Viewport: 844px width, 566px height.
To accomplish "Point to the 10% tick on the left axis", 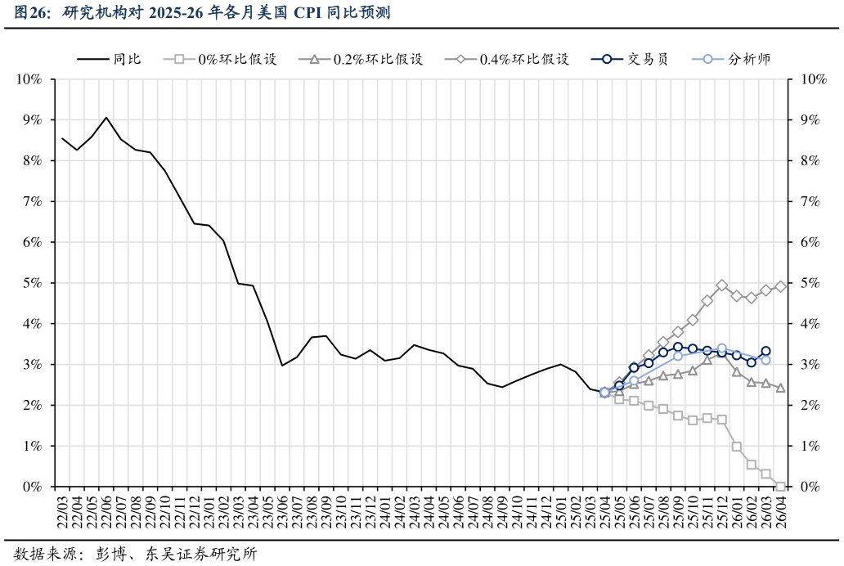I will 29,79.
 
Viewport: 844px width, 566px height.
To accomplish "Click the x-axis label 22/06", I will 106,512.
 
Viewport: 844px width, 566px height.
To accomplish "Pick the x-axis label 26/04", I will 780,512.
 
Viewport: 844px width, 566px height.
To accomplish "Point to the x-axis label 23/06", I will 282,512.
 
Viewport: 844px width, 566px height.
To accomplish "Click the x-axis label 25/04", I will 604,512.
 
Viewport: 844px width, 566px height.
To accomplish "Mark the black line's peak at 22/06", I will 106,118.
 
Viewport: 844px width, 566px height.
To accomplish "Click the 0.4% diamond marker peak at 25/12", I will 721,285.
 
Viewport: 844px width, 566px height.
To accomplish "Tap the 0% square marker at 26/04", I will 780,487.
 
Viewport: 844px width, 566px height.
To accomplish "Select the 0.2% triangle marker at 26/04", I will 780,388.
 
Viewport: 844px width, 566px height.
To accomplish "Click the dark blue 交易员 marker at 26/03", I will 765,351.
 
